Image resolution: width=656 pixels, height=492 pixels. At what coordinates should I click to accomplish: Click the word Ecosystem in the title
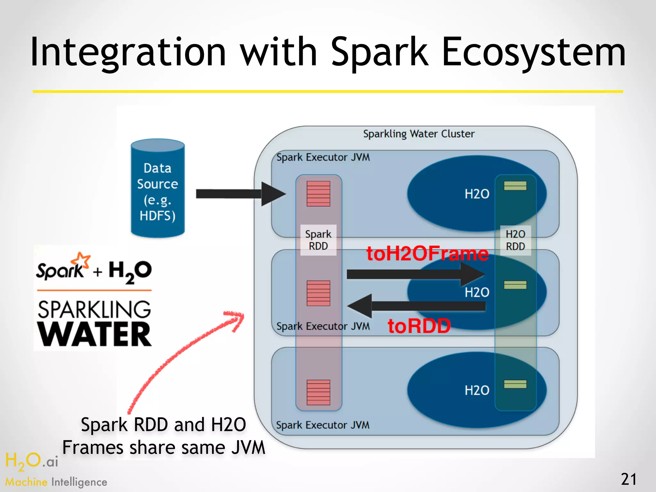(533, 53)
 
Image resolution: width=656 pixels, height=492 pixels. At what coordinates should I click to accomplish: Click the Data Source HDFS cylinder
(158, 189)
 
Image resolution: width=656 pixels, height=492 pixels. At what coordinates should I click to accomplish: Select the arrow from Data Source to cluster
(240, 193)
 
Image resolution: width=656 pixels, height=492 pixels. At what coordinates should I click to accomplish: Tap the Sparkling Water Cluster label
(419, 134)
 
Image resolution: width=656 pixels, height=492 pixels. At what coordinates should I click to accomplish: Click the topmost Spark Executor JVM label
(323, 157)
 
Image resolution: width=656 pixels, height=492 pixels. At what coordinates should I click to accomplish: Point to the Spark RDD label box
(318, 240)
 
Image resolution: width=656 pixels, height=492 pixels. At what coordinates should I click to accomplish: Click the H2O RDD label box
(515, 240)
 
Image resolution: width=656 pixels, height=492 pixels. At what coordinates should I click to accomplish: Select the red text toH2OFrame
(428, 253)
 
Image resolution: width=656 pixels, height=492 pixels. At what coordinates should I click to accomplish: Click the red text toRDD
(419, 326)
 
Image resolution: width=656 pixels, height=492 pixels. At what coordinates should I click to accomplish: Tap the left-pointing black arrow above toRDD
(416, 306)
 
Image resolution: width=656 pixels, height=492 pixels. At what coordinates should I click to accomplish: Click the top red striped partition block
(318, 193)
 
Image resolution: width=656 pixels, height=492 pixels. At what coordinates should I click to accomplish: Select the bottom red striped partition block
(318, 392)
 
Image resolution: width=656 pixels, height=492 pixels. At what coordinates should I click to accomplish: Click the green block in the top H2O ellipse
(515, 186)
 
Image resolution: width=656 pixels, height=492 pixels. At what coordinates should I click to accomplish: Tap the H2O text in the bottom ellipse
(477, 390)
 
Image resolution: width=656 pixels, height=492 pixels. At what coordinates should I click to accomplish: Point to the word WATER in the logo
(94, 334)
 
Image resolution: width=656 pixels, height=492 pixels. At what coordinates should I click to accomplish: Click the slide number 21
(628, 480)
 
